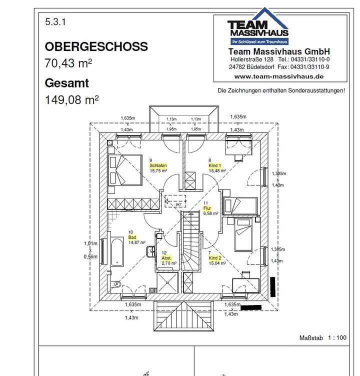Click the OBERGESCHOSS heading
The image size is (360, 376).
96,46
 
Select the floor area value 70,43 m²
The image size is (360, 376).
68,63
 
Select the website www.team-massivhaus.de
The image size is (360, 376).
278,76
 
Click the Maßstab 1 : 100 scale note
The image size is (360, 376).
323,337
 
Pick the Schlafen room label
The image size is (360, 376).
157,165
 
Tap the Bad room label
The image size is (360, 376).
133,237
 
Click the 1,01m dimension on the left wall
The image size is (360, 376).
90,243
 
